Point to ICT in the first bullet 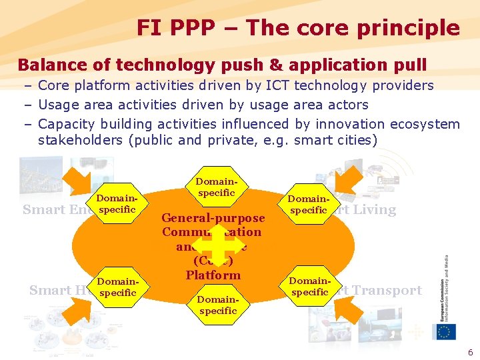coord(278,85)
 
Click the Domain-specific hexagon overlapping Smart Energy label coord(117,203)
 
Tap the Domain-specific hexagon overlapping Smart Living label coord(309,204)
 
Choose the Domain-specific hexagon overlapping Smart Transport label coord(310,286)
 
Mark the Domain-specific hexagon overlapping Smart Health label coord(117,287)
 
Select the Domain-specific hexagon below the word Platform coord(218,305)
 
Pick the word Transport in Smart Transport coord(389,290)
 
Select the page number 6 coord(469,351)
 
